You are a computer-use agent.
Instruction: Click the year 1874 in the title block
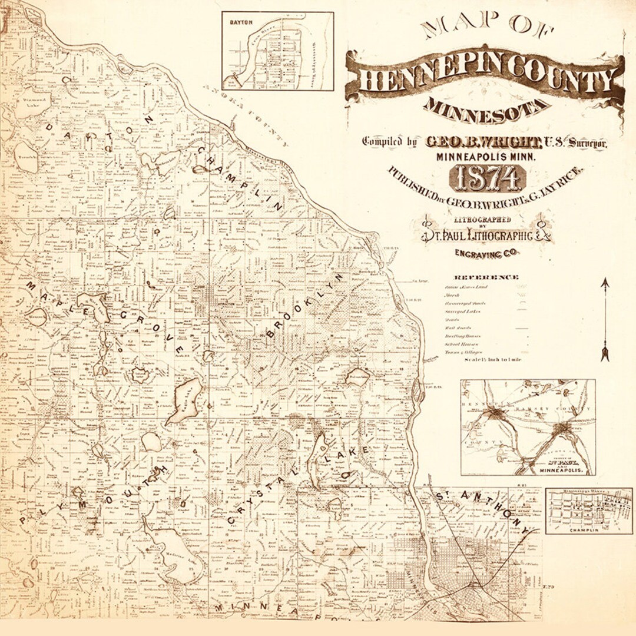(486, 178)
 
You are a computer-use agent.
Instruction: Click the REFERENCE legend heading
(486, 277)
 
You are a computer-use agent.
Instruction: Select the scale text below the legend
(492, 360)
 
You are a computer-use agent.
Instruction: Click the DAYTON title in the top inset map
(241, 21)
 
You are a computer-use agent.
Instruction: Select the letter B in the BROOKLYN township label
(271, 334)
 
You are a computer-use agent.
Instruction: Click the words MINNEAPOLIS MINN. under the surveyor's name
(486, 157)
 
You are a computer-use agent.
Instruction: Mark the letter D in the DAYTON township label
(50, 128)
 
